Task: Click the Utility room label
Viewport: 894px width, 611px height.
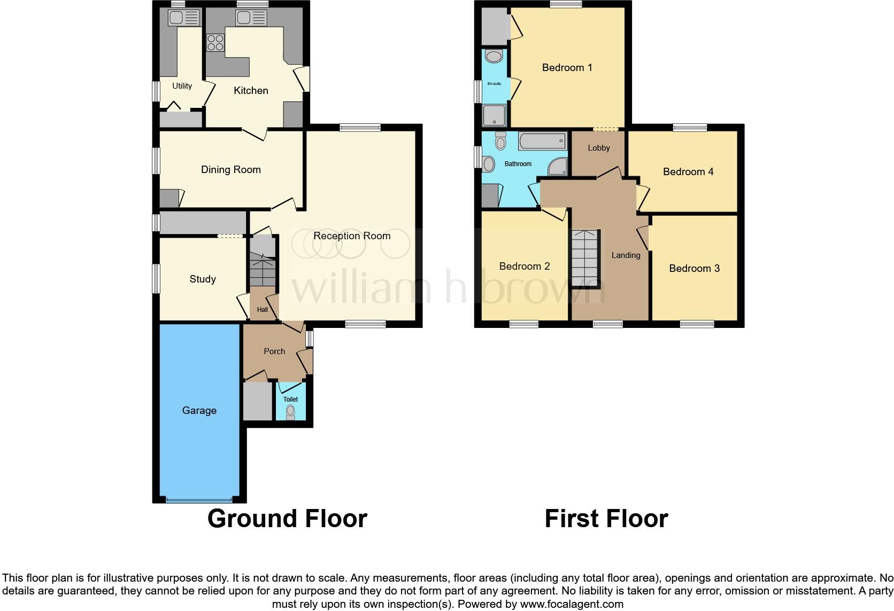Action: click(x=182, y=86)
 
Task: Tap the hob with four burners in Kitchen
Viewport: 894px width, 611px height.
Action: click(x=215, y=42)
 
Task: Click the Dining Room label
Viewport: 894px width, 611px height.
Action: click(x=230, y=170)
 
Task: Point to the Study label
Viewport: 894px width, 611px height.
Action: click(x=202, y=279)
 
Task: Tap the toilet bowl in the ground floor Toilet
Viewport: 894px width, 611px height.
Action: click(x=290, y=412)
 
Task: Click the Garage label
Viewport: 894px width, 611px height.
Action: click(x=199, y=410)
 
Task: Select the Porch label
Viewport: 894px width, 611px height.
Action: click(x=274, y=351)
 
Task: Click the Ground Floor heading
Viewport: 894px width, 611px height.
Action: click(x=287, y=519)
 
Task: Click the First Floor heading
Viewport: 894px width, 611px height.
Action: click(x=606, y=519)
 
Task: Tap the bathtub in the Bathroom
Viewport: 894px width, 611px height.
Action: click(x=542, y=142)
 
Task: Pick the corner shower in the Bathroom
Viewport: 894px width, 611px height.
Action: click(x=558, y=167)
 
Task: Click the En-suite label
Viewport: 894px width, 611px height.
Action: click(x=494, y=84)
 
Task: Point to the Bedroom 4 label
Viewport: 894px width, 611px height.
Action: click(x=688, y=171)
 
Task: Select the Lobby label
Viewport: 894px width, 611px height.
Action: click(x=598, y=148)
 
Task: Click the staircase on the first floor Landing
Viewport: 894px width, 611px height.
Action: click(x=585, y=258)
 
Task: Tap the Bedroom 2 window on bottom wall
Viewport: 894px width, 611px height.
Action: click(x=523, y=324)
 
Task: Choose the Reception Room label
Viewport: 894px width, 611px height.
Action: click(x=352, y=236)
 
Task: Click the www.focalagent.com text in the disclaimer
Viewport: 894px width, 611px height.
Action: click(x=572, y=604)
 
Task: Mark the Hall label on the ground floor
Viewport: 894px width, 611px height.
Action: click(x=262, y=310)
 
